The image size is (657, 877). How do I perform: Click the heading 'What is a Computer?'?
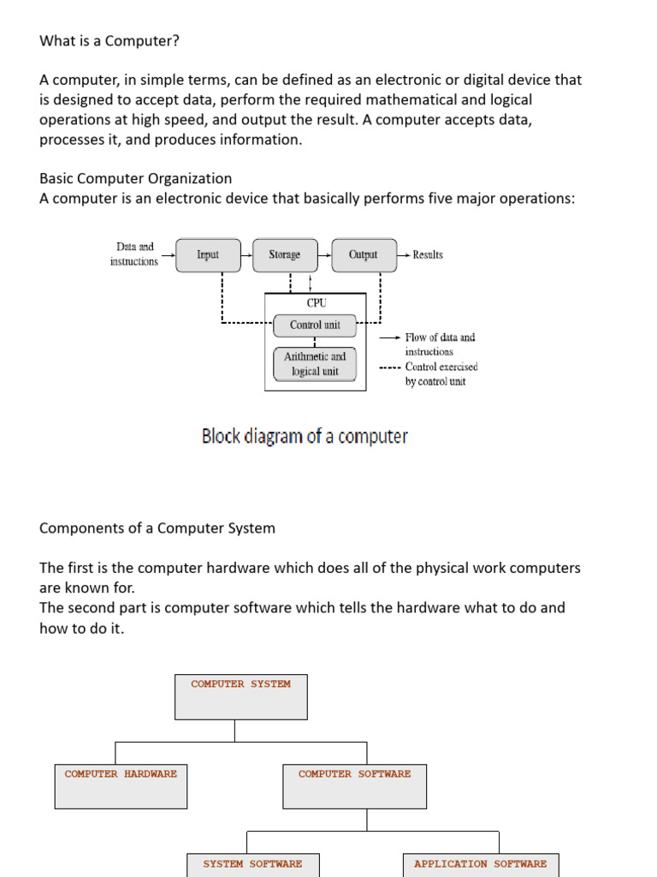point(109,40)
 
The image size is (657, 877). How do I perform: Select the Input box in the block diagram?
point(208,255)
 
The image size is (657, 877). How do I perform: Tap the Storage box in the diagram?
point(285,255)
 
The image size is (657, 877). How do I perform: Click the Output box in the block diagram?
point(363,255)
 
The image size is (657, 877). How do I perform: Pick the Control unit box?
point(315,325)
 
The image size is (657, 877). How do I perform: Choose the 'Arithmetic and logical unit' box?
point(315,364)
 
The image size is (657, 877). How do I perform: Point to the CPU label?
point(316,303)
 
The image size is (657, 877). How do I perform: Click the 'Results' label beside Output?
point(427,255)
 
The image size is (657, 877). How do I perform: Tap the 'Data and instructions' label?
point(134,254)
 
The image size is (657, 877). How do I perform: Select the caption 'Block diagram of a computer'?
point(305,437)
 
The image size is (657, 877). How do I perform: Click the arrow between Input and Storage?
point(246,255)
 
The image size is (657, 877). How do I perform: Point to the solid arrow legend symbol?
point(390,337)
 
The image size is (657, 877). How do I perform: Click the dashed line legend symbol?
point(390,367)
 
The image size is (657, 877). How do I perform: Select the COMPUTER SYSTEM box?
point(240,696)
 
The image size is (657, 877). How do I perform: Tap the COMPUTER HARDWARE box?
point(121,786)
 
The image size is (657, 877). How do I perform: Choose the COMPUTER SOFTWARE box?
point(354,786)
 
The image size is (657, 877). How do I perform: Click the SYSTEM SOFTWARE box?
point(252,864)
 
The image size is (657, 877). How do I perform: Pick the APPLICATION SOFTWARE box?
point(480,864)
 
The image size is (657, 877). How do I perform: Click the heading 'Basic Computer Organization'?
point(135,179)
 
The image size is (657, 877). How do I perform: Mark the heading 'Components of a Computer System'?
point(157,528)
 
